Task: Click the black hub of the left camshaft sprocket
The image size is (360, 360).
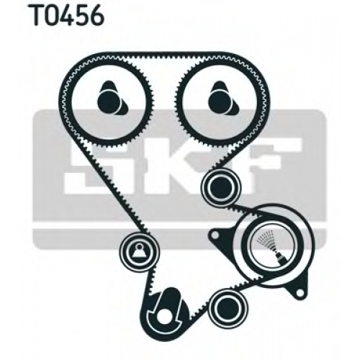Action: [x=111, y=99]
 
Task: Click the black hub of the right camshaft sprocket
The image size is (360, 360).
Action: [x=222, y=99]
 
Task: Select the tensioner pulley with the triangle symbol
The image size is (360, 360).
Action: [x=139, y=251]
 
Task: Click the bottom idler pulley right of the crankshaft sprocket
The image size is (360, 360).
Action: [x=228, y=307]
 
